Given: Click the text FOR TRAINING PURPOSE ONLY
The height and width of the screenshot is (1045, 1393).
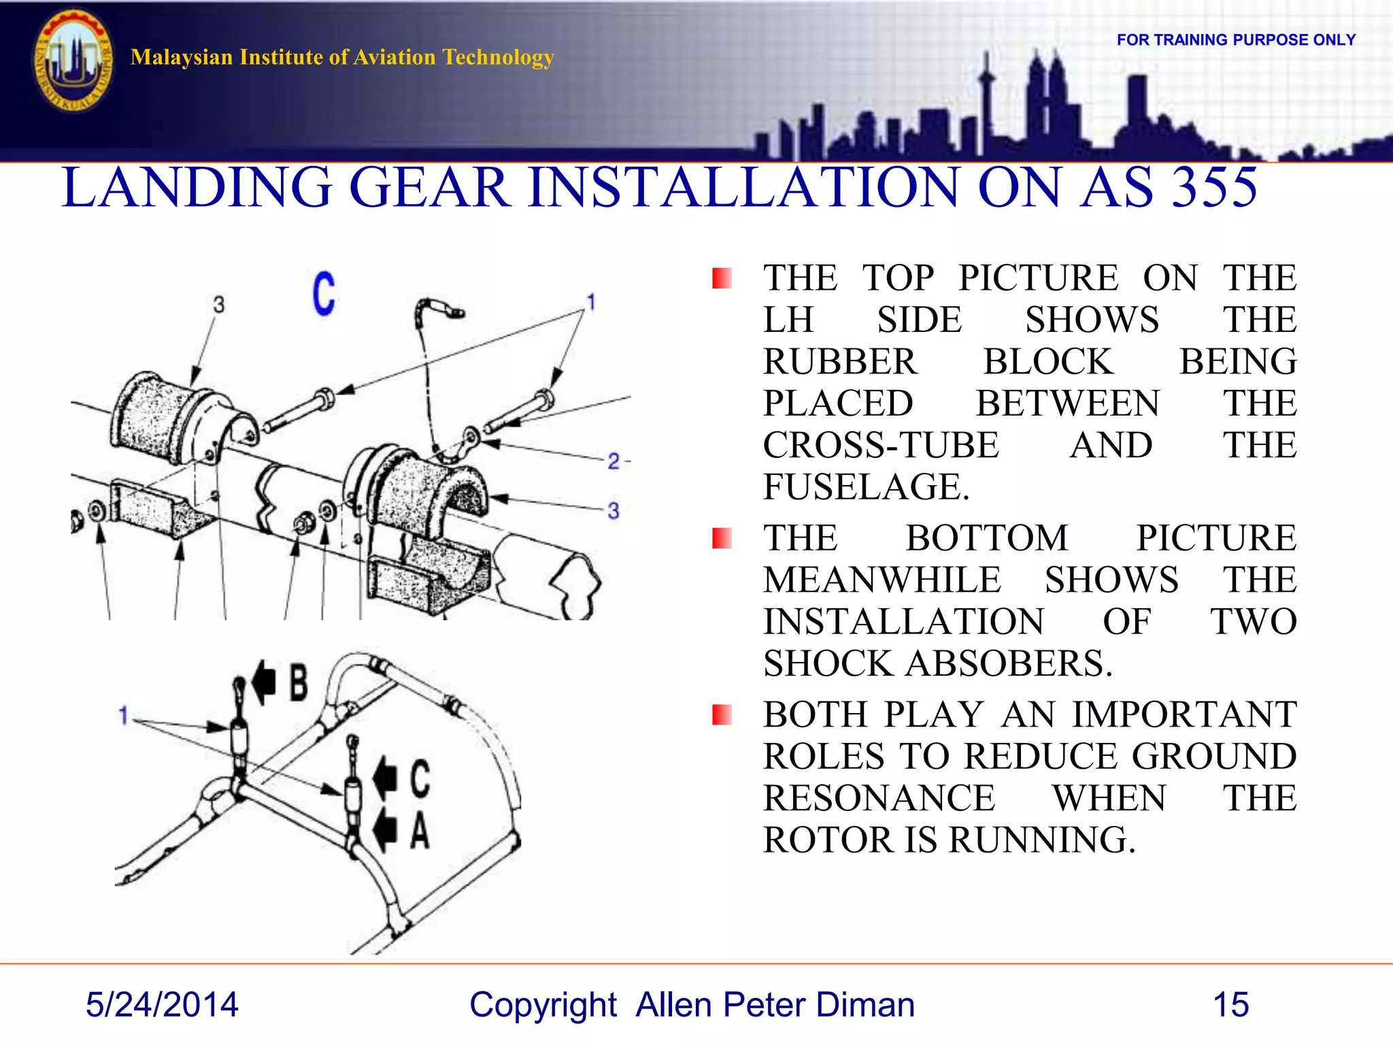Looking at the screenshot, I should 1236,40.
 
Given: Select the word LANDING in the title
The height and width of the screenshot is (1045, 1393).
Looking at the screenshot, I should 197,188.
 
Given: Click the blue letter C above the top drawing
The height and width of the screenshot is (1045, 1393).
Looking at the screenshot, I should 324,293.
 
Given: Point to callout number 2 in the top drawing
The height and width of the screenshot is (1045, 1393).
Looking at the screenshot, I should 614,462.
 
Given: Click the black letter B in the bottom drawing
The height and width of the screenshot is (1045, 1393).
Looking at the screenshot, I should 298,683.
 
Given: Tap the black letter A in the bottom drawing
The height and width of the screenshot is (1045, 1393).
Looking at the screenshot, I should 420,831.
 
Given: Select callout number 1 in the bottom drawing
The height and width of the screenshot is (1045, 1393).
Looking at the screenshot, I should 123,716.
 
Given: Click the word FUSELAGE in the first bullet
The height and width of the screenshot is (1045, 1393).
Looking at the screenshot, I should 865,487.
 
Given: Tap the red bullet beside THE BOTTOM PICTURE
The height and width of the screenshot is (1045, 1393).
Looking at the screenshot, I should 722,538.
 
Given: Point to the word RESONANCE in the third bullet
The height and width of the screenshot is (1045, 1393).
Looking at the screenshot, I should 879,798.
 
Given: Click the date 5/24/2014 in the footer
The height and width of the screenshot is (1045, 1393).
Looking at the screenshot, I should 162,1005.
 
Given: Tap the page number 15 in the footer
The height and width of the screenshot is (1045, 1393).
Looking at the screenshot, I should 1230,1005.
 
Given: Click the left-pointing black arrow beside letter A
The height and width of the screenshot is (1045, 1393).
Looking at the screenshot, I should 385,829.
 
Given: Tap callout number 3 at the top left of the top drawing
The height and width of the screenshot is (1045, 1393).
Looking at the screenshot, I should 218,305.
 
